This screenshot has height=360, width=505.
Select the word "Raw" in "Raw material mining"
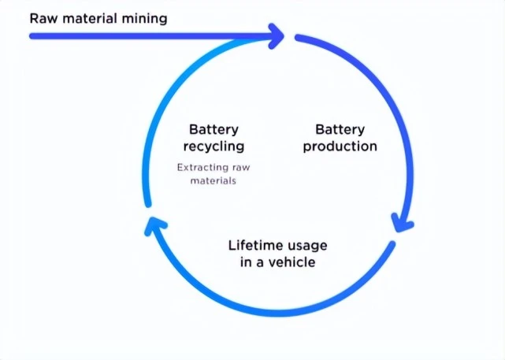[x=43, y=17]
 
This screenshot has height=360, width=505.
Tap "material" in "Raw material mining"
[x=89, y=17]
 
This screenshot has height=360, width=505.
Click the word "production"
[x=340, y=146]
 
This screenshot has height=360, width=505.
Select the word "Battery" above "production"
[x=340, y=129]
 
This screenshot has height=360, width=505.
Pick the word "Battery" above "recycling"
[x=214, y=129]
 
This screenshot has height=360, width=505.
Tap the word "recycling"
[x=214, y=147]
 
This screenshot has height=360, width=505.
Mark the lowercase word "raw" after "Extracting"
[x=242, y=167]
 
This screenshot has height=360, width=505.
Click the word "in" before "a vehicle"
[x=246, y=262]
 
